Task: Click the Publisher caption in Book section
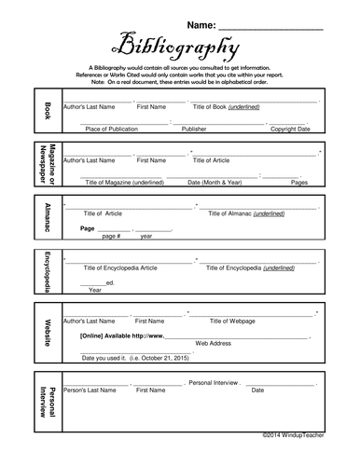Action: pos(194,130)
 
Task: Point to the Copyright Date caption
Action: pos(289,130)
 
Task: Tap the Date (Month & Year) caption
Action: pos(215,183)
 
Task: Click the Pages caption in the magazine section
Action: pos(299,183)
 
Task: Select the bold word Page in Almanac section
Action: pos(89,227)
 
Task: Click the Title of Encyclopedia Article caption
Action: pos(118,267)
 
